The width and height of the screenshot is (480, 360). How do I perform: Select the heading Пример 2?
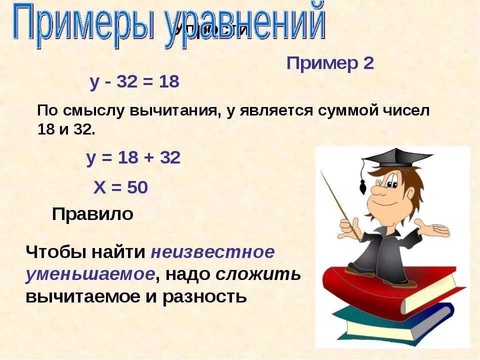pos(330,64)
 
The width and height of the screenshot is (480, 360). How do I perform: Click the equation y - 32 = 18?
pos(134,82)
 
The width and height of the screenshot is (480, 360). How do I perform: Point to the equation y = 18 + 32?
pos(133,158)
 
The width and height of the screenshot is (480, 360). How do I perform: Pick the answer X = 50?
pos(120,187)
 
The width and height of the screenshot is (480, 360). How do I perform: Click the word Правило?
pos(92,214)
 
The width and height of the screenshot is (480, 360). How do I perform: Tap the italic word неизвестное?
pos(212,251)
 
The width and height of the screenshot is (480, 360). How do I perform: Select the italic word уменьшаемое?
pos(89,274)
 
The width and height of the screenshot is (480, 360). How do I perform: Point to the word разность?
pos(204,297)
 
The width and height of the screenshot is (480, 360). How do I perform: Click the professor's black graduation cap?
pos(395,158)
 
